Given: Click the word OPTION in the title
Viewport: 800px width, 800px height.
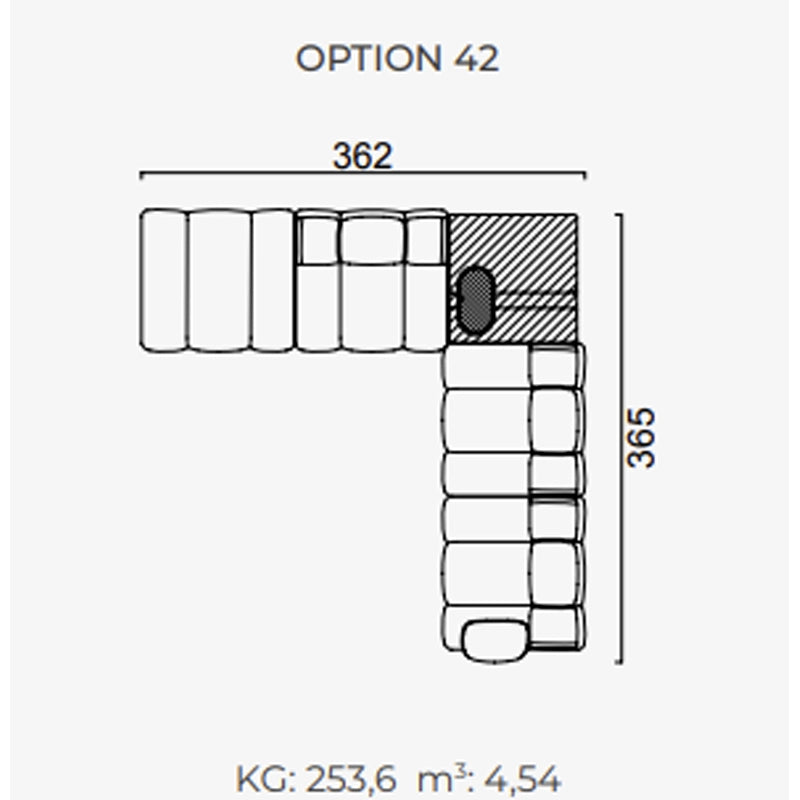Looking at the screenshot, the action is pos(368,58).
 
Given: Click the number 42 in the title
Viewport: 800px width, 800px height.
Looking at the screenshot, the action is pos(476,58).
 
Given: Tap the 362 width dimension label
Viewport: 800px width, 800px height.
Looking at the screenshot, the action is pos(362,156).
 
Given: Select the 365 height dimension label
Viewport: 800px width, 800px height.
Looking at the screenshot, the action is pos(641,438).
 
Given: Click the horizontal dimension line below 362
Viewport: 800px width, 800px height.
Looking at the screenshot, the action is pos(363,174).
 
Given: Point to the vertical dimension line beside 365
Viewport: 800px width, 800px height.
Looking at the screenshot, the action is pos(620,439).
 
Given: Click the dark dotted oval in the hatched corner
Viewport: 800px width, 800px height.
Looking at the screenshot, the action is pos(475,301).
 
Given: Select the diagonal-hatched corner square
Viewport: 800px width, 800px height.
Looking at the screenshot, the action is pos(512,279).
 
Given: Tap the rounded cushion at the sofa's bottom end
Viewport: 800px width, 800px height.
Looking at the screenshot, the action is pos(495,641).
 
